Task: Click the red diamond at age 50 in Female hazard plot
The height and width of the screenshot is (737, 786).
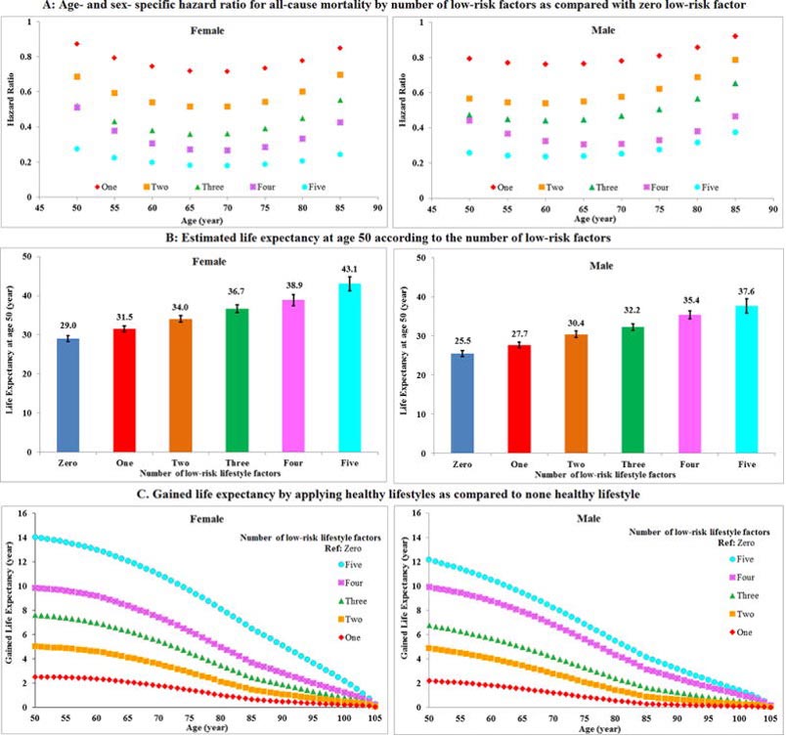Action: [x=76, y=44]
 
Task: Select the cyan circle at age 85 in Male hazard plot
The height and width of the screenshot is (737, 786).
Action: [x=735, y=132]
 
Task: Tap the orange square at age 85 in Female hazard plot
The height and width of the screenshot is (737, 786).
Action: [x=339, y=74]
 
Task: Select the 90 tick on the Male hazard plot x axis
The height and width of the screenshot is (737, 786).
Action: [x=772, y=207]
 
